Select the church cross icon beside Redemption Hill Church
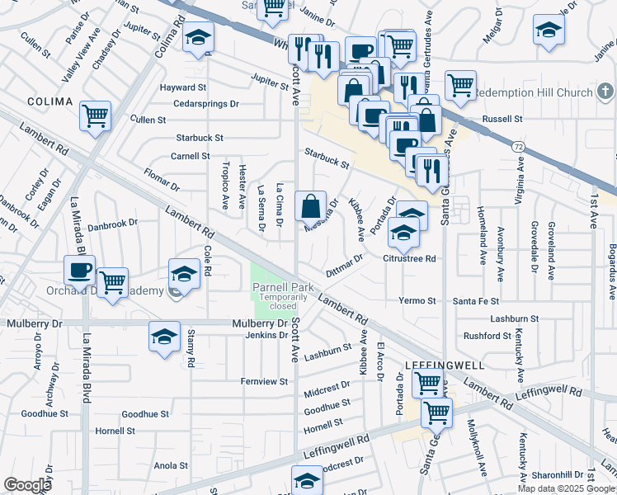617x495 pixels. tap(605, 90)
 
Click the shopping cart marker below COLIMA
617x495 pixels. tap(96, 115)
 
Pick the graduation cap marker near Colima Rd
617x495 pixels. tap(198, 38)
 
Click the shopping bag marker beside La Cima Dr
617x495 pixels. tap(310, 207)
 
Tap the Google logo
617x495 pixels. tap(27, 485)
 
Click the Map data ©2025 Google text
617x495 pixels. tap(566, 488)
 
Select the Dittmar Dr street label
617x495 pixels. tap(345, 266)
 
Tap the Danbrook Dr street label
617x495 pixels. tap(112, 224)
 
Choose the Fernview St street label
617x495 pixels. tap(264, 381)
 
